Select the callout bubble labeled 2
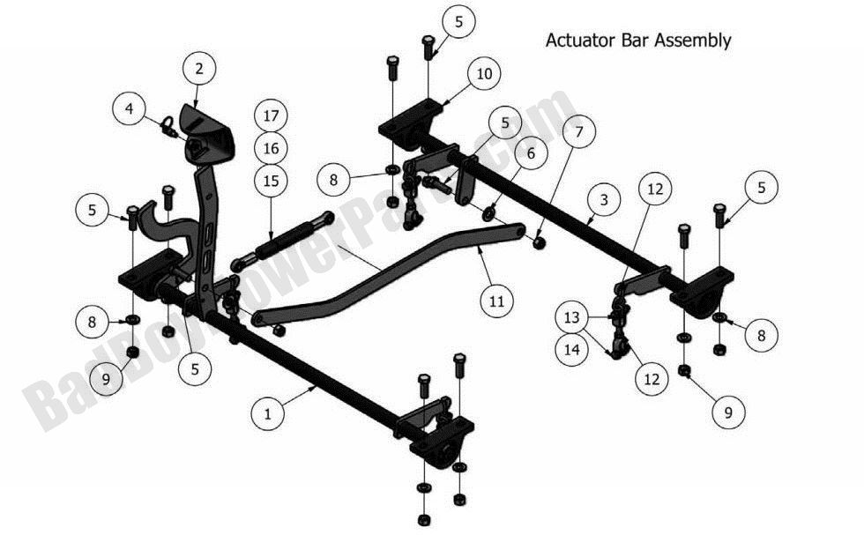pyautogui.click(x=199, y=67)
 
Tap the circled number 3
pyautogui.click(x=602, y=201)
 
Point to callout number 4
pyautogui.click(x=130, y=109)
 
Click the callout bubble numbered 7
pyautogui.click(x=578, y=134)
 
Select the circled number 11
pyautogui.click(x=496, y=301)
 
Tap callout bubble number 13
pyautogui.click(x=572, y=316)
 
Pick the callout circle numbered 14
pyautogui.click(x=572, y=348)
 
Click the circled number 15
pyautogui.click(x=271, y=181)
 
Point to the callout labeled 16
pyautogui.click(x=271, y=147)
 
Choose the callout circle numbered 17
pyautogui.click(x=271, y=115)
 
